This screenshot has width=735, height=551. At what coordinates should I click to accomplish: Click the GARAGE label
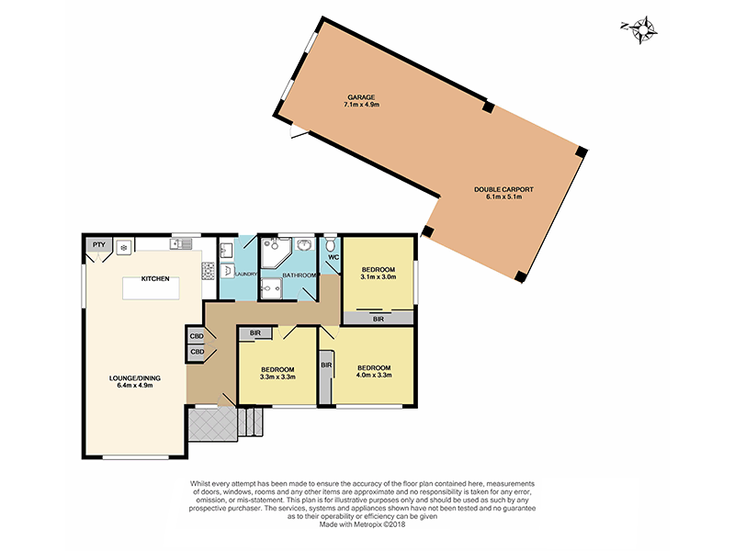coord(360,96)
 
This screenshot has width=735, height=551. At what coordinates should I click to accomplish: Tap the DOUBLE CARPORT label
coord(503,189)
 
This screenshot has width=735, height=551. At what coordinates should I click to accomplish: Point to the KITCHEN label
coord(154,278)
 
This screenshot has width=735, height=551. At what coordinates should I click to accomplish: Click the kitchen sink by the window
coord(184,243)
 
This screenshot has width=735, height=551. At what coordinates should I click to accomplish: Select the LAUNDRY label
coord(245,274)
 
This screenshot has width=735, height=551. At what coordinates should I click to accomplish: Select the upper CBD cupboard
coord(197,335)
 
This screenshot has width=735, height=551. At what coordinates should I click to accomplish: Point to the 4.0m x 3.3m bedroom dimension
coord(374,375)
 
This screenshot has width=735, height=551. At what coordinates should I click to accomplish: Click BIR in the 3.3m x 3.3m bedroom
coord(255,333)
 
